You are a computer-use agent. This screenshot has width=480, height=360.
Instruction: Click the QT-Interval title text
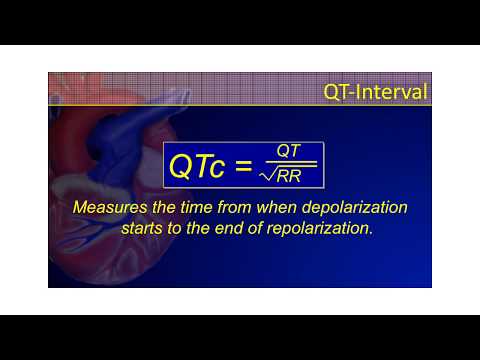point(375,92)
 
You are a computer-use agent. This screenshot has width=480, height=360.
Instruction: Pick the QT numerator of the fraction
point(290,150)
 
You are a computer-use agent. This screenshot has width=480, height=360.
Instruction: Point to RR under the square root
point(298,177)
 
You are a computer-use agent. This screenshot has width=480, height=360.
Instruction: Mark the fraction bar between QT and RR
point(290,163)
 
